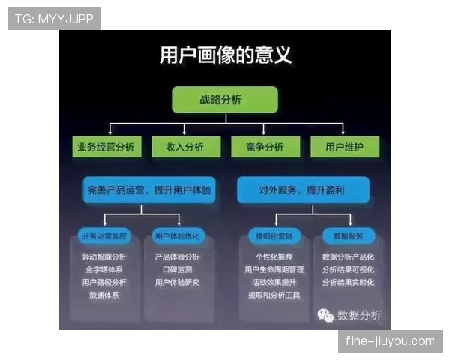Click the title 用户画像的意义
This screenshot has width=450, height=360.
(x=225, y=55)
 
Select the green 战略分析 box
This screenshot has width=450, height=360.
(x=225, y=100)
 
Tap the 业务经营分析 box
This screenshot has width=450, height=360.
(x=106, y=147)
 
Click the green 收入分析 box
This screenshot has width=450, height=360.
(x=184, y=147)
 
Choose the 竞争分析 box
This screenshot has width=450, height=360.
(x=265, y=147)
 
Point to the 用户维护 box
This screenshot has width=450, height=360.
(x=345, y=147)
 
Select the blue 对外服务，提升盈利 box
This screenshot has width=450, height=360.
(x=303, y=190)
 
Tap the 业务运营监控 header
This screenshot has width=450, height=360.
(x=105, y=236)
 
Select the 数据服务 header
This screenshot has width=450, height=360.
(x=348, y=236)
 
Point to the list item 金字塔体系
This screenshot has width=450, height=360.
(x=104, y=269)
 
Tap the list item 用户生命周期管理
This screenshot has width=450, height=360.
(x=274, y=269)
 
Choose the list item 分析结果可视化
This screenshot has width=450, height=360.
(x=348, y=269)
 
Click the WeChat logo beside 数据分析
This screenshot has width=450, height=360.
(x=325, y=314)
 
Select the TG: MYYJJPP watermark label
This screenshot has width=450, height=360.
(x=54, y=19)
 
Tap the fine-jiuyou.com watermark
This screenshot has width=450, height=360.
(x=389, y=341)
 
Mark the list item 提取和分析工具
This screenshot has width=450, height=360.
(x=274, y=295)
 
